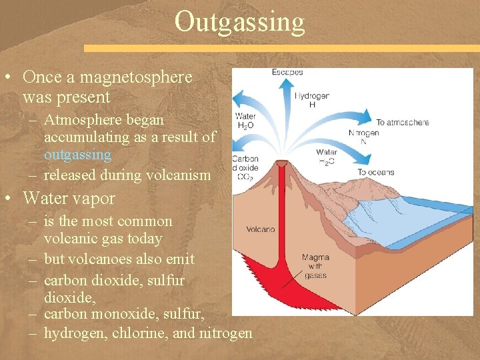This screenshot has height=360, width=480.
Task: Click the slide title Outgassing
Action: point(239,21)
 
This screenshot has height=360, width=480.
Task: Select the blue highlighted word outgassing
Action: point(77,155)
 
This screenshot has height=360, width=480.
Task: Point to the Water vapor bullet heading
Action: point(69,199)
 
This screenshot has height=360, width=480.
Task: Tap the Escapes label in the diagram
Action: point(287,72)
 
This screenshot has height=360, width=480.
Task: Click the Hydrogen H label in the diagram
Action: point(311,100)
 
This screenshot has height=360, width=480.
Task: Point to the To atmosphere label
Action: point(402,123)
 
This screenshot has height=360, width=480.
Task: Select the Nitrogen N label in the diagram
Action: point(363,137)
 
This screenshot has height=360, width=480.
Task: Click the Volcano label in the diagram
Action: point(260,229)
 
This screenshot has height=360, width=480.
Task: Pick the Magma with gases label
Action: point(315,266)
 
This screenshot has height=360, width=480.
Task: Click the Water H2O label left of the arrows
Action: point(245,121)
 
